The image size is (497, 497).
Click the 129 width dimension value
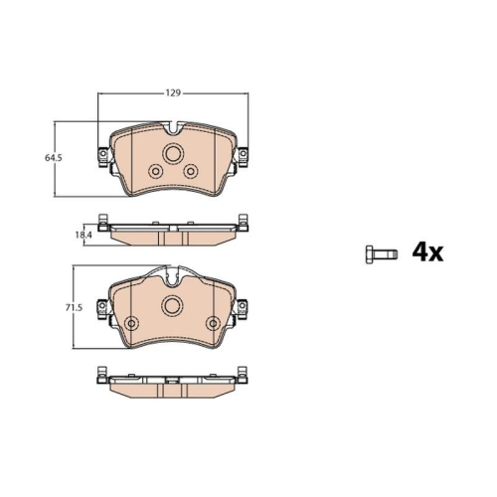point(173,93)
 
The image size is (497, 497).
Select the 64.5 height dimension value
point(54,158)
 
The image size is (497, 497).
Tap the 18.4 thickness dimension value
point(83,236)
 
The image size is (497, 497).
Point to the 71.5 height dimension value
point(74,308)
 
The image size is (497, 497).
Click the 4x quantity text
point(427,253)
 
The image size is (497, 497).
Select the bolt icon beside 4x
point(382,254)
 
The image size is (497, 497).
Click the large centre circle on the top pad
point(173,153)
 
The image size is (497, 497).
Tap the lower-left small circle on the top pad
point(155,172)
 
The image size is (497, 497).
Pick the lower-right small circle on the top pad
point(191,171)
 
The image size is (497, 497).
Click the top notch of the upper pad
point(173,128)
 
